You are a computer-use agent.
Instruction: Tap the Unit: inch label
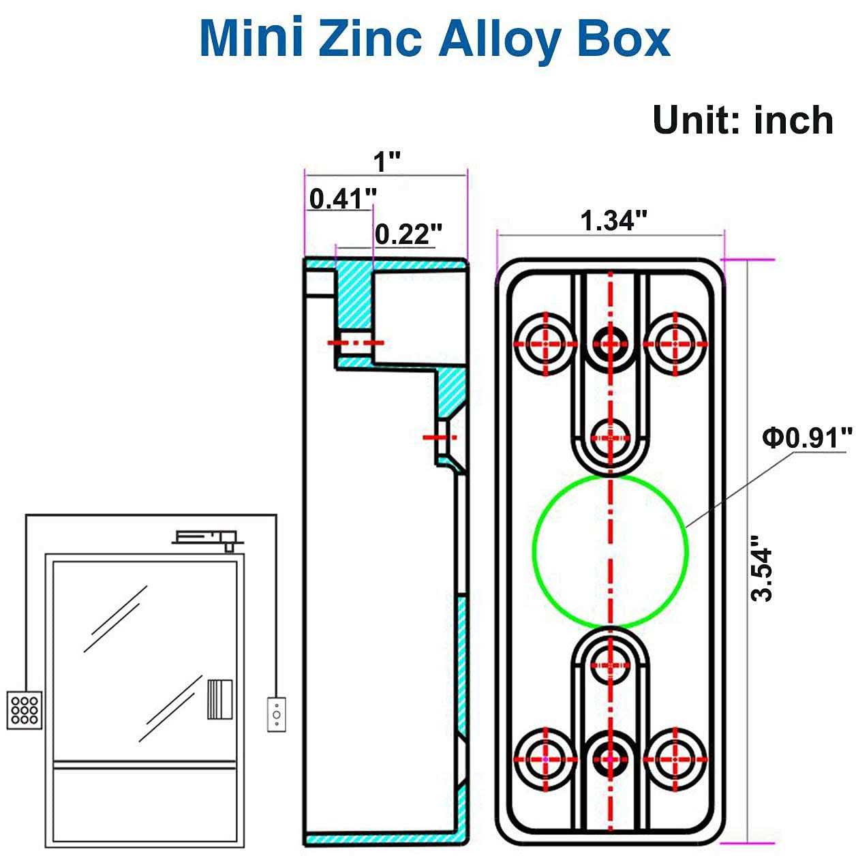click(x=743, y=120)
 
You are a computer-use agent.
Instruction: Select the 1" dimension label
click(x=387, y=163)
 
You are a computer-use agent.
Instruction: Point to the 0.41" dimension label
click(x=343, y=199)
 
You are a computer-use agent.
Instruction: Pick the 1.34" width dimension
click(x=613, y=221)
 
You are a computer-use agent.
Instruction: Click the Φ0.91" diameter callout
click(x=807, y=437)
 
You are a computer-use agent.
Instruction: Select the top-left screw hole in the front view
click(x=545, y=343)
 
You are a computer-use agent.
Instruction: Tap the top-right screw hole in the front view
click(x=675, y=343)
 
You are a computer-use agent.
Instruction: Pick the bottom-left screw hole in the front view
click(x=545, y=758)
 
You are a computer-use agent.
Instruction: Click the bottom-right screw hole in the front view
click(x=675, y=758)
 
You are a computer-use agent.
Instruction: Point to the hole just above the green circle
click(x=610, y=437)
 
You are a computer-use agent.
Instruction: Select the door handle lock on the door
click(x=219, y=699)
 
